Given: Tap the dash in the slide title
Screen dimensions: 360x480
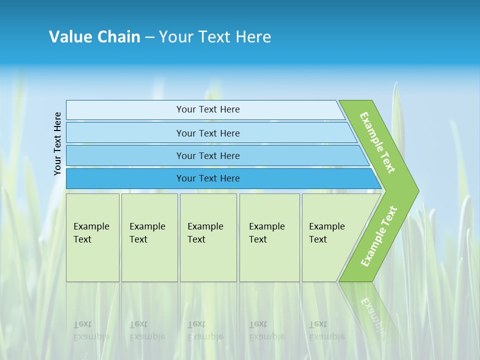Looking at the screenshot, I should (149, 37).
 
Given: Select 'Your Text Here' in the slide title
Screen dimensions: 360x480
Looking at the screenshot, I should (215, 37).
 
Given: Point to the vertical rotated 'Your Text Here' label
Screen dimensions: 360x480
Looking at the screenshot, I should (57, 143).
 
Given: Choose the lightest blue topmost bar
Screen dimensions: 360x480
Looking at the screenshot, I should (207, 109).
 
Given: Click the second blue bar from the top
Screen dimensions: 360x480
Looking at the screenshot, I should (207, 133).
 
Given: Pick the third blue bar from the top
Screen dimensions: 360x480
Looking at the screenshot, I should (207, 155).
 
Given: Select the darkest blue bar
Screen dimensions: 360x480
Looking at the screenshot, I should (207, 178).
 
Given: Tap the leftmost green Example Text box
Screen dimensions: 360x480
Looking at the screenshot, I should (92, 237).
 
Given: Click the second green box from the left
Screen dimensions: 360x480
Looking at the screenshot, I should (149, 237).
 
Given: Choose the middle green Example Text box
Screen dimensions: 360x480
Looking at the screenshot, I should (208, 237).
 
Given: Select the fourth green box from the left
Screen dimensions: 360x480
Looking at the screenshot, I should (269, 237).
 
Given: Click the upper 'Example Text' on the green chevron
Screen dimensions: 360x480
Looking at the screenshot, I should (377, 142).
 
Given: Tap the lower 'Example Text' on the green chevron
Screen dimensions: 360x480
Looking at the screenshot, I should (379, 236).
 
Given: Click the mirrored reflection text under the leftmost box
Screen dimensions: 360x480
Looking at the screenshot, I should (91, 330).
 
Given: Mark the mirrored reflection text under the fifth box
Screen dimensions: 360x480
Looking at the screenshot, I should (326, 330).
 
